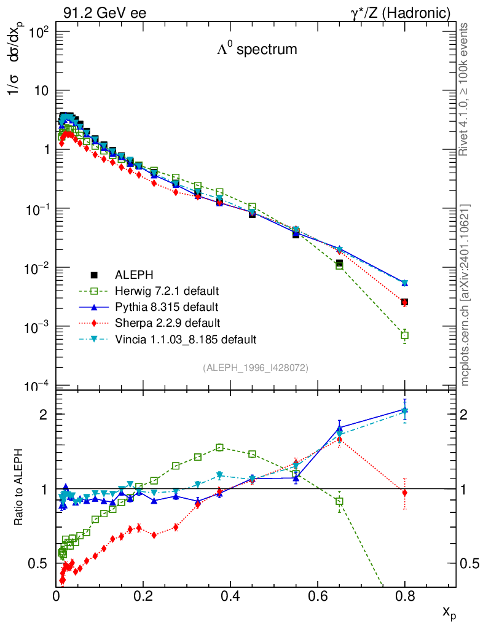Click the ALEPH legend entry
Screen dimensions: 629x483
[x=130, y=275]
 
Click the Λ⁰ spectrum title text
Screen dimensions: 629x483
[x=257, y=50]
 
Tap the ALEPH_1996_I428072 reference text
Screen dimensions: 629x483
[x=255, y=367]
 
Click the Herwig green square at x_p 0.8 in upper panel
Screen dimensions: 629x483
[x=404, y=335]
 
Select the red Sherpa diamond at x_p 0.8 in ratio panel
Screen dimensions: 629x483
[x=404, y=493]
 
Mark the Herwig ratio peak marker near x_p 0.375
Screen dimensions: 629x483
[x=219, y=447]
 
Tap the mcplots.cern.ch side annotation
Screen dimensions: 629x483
[x=465, y=295]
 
